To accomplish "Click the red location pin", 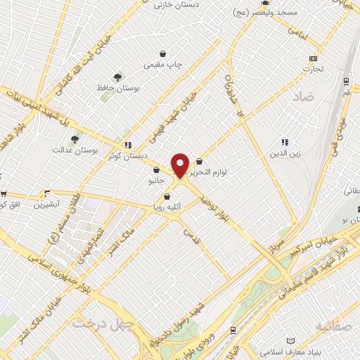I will [180, 165].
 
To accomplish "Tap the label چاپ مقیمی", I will [163, 65].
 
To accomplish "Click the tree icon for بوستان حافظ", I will [117, 78].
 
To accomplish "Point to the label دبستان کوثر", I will [127, 155].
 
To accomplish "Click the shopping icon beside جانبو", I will [156, 169].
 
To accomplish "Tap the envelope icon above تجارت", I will [313, 58].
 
